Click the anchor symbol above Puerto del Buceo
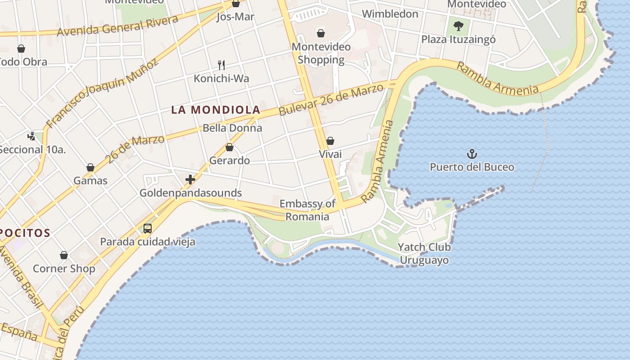[472, 154]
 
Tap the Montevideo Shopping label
[321, 53]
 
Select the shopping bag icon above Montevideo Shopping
[321, 33]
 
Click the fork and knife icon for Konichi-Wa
[221, 65]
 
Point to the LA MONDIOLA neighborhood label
[216, 109]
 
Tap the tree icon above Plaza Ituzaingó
[458, 26]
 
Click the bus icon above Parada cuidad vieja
[148, 228]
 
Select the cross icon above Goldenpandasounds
[190, 180]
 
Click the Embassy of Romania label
[307, 210]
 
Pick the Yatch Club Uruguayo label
[424, 253]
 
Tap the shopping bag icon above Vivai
[330, 141]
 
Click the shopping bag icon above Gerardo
[229, 147]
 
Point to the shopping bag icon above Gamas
[90, 167]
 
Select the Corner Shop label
[64, 269]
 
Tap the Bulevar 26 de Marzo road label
[332, 99]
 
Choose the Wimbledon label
[390, 14]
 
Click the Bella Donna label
[232, 128]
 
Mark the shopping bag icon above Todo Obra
[21, 49]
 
